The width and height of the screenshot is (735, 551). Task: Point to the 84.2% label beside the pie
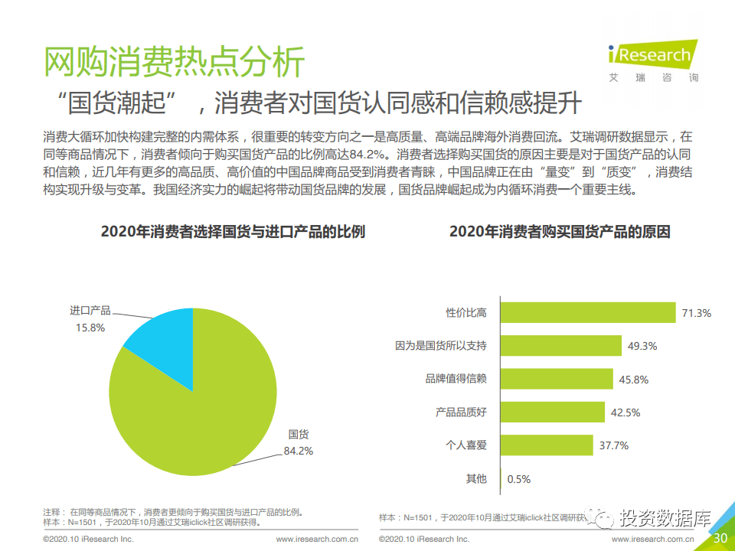tap(299, 451)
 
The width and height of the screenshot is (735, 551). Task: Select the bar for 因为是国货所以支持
tap(560, 345)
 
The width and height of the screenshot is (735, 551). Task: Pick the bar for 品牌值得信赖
tap(557, 379)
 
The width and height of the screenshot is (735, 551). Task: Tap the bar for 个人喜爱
tap(547, 445)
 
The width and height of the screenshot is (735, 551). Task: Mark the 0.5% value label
tap(519, 479)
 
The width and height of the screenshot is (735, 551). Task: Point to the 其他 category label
tap(476, 479)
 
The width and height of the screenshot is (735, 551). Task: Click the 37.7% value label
tap(614, 445)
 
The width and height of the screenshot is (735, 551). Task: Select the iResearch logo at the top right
tap(652, 60)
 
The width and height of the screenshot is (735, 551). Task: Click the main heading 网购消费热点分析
tap(175, 62)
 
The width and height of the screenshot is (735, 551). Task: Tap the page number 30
tap(720, 537)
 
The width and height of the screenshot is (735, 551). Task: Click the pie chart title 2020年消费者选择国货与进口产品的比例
tap(233, 232)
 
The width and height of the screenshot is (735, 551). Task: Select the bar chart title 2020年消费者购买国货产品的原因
tap(560, 231)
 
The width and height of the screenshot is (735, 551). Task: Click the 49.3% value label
tap(642, 345)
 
